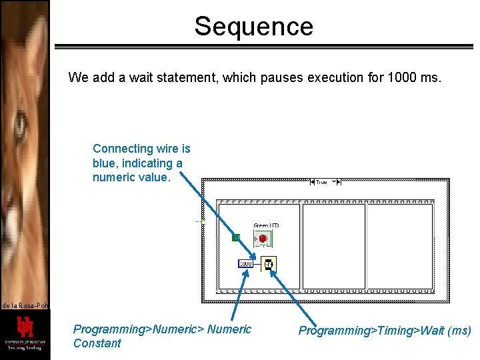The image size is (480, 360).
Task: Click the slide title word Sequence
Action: pyautogui.click(x=253, y=27)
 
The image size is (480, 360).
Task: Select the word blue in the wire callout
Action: pyautogui.click(x=106, y=163)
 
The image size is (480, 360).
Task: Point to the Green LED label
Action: pyautogui.click(x=266, y=225)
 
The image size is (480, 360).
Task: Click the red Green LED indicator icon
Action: pyautogui.click(x=262, y=239)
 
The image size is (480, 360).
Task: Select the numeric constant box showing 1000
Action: pyautogui.click(x=246, y=264)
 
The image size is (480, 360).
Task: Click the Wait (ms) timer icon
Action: pyautogui.click(x=267, y=264)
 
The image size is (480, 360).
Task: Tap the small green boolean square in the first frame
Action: pyautogui.click(x=235, y=237)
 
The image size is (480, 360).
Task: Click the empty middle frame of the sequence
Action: pyautogui.click(x=334, y=246)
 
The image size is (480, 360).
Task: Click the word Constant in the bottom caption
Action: pyautogui.click(x=97, y=343)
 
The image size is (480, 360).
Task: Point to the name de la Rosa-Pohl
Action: pyautogui.click(x=25, y=305)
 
